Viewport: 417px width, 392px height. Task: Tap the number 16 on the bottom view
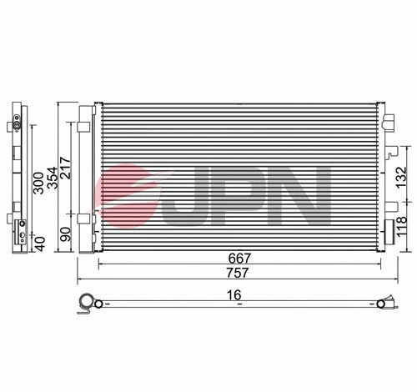point(239,294)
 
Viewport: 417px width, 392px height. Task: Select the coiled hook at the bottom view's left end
point(85,305)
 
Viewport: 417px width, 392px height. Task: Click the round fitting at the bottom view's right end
point(385,305)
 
